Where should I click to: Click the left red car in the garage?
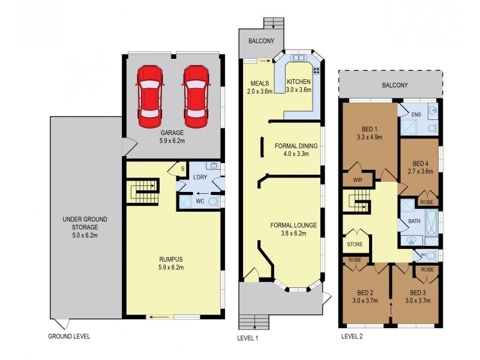click(149, 97)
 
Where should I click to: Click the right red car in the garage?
click(196, 97)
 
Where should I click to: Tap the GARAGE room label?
click(172, 133)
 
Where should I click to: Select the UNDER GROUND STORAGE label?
click(85, 223)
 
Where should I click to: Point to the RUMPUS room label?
click(171, 259)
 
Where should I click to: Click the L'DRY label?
click(200, 177)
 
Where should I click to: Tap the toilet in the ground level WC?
click(214, 202)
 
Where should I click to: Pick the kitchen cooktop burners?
click(317, 71)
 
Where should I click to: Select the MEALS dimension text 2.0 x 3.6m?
click(260, 91)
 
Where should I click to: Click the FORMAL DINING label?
click(296, 146)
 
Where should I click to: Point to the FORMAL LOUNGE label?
click(293, 226)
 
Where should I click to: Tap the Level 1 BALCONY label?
click(261, 41)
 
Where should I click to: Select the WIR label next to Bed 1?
click(358, 180)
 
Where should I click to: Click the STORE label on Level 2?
click(355, 244)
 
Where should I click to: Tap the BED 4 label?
click(421, 163)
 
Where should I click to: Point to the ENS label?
click(416, 115)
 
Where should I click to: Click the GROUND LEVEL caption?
click(69, 337)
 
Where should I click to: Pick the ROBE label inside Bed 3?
click(427, 269)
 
